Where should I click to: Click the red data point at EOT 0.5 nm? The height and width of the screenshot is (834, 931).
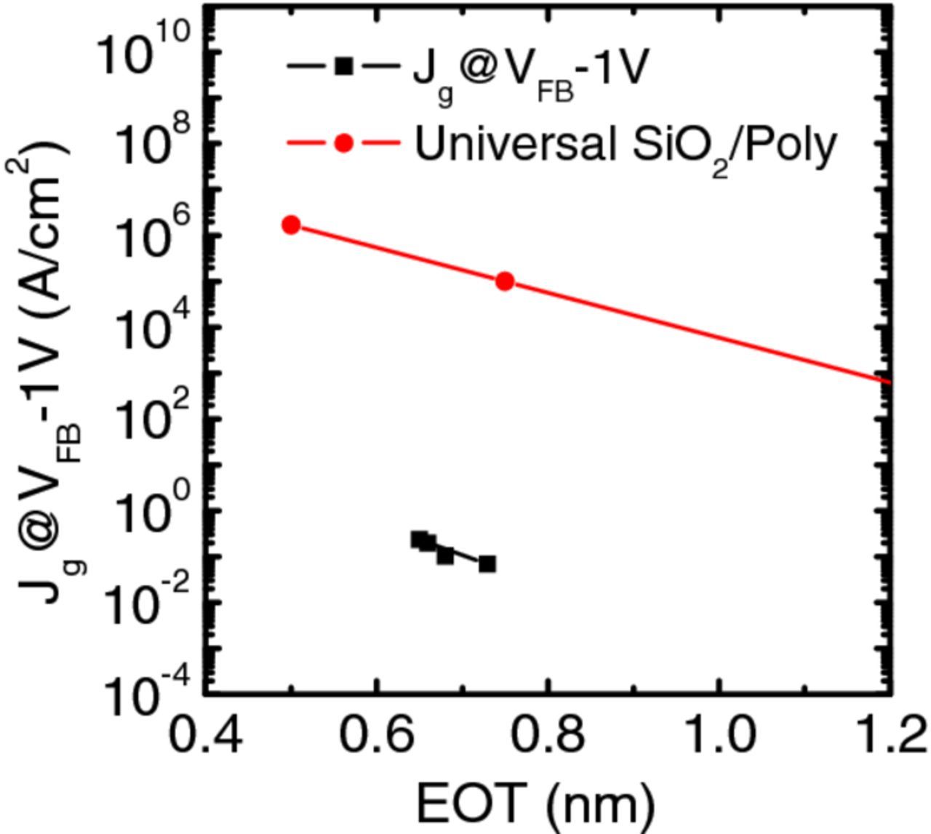click(x=291, y=225)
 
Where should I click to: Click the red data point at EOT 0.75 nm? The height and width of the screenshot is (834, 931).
click(x=505, y=281)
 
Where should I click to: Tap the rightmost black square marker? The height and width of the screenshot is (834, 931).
click(x=487, y=564)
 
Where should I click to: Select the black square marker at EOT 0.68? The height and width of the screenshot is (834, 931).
click(x=445, y=556)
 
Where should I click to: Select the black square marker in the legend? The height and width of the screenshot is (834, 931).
click(x=343, y=67)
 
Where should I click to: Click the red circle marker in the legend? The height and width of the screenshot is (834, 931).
click(x=343, y=143)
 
